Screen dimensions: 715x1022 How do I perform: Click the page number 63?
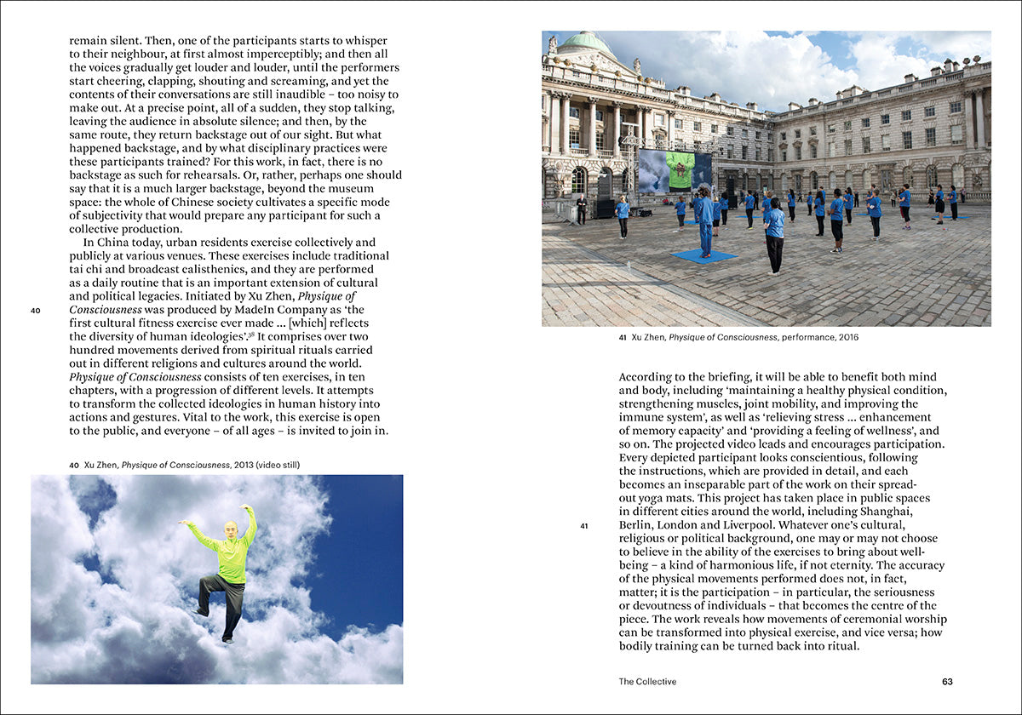point(947,682)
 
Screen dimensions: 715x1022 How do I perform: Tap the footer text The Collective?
point(647,682)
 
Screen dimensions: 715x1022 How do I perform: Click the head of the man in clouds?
point(227,529)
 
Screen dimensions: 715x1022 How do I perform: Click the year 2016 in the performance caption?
point(847,337)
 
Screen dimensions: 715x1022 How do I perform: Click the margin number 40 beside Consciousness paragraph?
point(36,311)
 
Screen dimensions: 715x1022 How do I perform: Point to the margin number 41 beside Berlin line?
point(584,525)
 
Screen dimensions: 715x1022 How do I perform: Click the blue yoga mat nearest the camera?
point(704,256)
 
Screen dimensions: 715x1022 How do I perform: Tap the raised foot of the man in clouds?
point(198,610)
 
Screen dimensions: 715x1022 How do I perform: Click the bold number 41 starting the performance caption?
point(623,337)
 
